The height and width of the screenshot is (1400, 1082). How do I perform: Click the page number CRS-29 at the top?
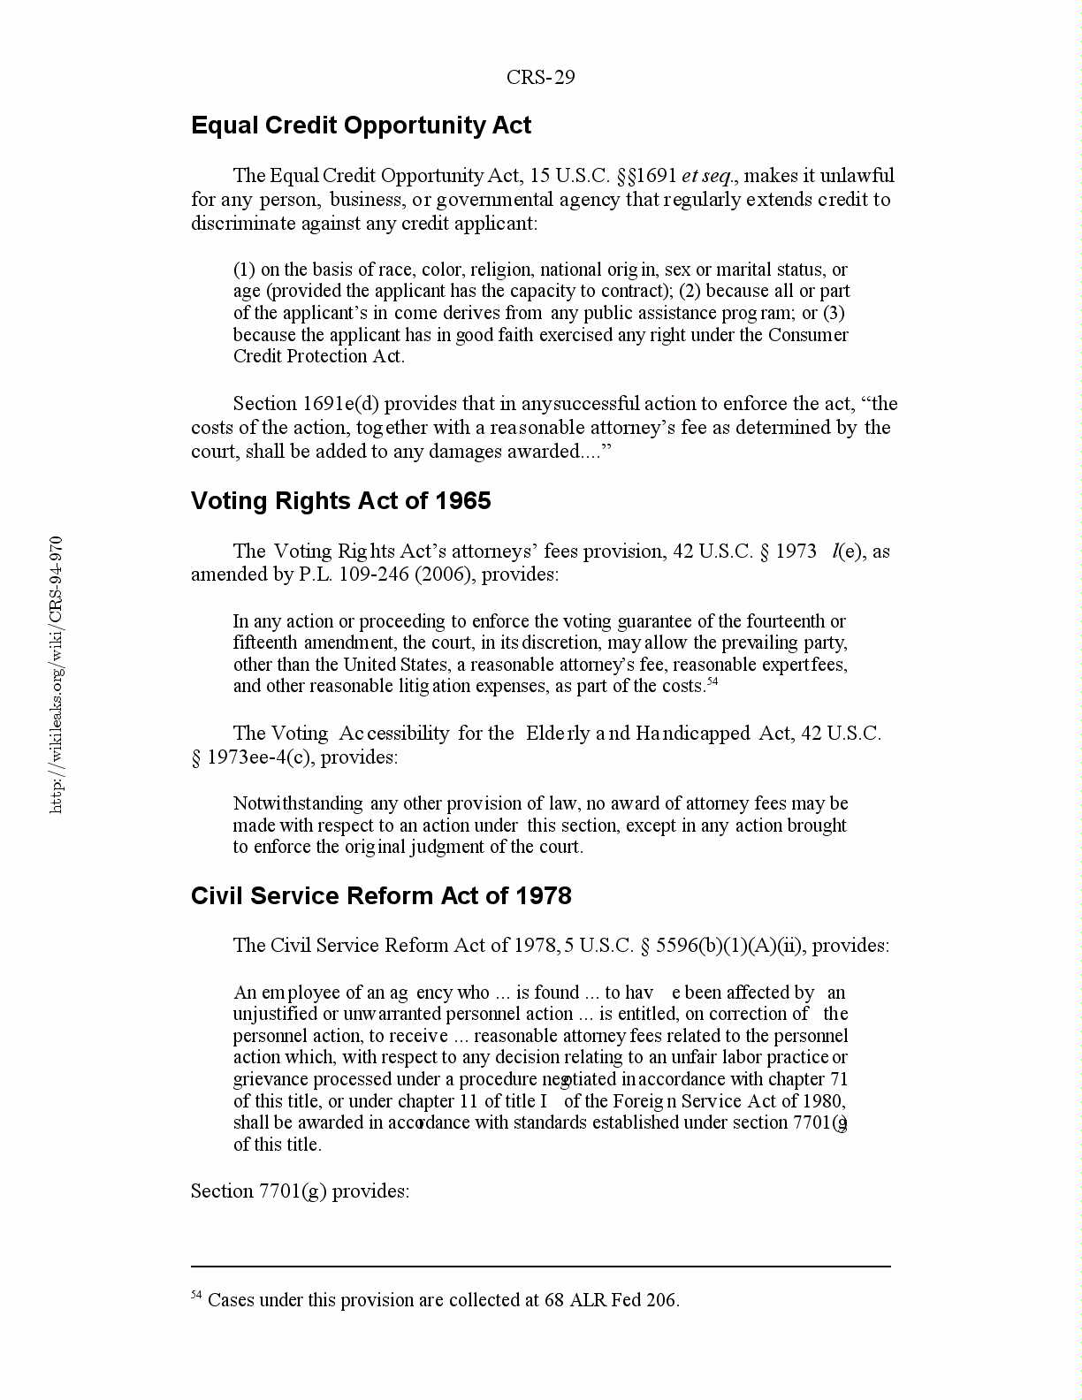pyautogui.click(x=540, y=78)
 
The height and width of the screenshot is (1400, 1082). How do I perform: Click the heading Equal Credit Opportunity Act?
pyautogui.click(x=361, y=126)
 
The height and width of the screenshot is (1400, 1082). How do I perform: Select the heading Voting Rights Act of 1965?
pyautogui.click(x=340, y=501)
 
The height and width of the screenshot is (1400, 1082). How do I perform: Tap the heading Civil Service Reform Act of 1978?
pyautogui.click(x=381, y=896)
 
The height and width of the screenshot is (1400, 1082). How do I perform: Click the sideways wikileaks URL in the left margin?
pyautogui.click(x=56, y=674)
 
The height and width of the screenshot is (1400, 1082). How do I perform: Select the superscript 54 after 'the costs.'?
pyautogui.click(x=712, y=681)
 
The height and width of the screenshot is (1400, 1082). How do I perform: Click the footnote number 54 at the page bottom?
pyautogui.click(x=196, y=1296)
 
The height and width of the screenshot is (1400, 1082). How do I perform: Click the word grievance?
pyautogui.click(x=270, y=1079)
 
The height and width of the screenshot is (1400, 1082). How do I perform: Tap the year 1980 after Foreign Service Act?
pyautogui.click(x=823, y=1101)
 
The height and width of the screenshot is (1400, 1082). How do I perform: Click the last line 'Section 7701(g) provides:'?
pyautogui.click(x=300, y=1191)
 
